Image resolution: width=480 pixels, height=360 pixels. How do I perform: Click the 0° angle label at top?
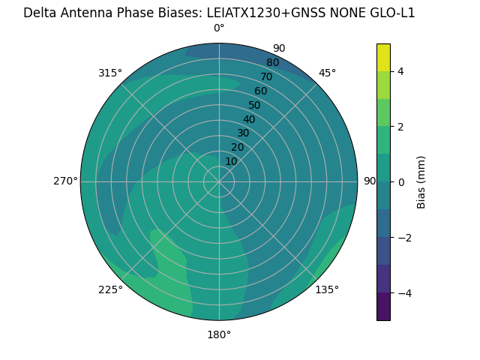coord(219,28)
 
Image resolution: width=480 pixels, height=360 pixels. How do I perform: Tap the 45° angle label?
coord(327,73)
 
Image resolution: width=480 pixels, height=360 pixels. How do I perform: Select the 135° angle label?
coord(327,289)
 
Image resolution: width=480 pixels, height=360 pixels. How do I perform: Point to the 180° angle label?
coord(219,334)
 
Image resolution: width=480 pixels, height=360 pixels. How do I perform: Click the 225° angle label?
coord(110,289)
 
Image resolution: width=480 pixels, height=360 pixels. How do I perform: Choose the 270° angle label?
coord(65,181)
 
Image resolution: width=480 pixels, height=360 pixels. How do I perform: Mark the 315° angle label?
coord(110,73)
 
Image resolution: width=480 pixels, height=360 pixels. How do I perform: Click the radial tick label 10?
coord(232,161)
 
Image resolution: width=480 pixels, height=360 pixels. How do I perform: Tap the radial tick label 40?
coord(249,119)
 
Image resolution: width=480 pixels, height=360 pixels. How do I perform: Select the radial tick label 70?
coord(266,77)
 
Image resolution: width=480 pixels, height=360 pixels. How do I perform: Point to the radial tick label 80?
coord(272,63)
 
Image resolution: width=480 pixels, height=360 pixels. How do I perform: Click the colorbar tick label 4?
coord(400,71)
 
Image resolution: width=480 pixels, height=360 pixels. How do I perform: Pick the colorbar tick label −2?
coord(403,237)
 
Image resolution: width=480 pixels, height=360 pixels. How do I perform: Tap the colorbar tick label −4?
coord(403,292)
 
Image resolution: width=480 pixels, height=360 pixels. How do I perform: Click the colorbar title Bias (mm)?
coord(421,181)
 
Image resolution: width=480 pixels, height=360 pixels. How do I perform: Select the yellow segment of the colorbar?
coord(383,58)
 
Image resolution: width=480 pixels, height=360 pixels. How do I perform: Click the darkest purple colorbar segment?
coord(383,306)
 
